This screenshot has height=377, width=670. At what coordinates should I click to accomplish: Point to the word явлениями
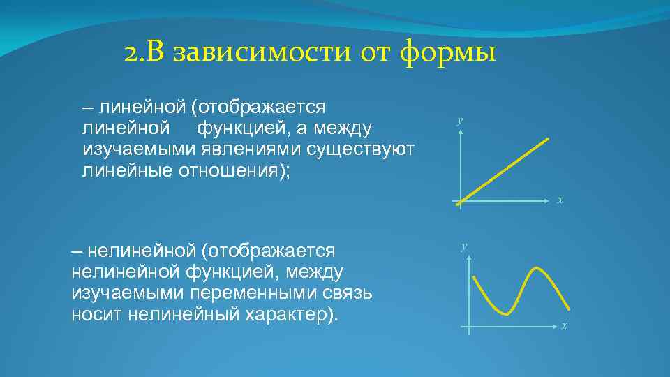[234, 149]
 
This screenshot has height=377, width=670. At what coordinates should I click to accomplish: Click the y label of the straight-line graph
[460, 121]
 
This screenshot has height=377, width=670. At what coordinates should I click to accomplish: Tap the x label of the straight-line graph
[560, 200]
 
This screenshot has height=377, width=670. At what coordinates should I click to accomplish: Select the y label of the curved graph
[464, 246]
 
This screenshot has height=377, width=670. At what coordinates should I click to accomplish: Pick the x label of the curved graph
[565, 325]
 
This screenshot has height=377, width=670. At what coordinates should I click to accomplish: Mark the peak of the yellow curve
[537, 269]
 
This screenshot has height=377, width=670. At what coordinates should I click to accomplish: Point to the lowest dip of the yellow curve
[503, 311]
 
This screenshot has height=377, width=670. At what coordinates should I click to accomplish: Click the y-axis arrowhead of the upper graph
[461, 133]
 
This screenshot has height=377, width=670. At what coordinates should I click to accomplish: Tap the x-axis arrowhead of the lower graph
[556, 326]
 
